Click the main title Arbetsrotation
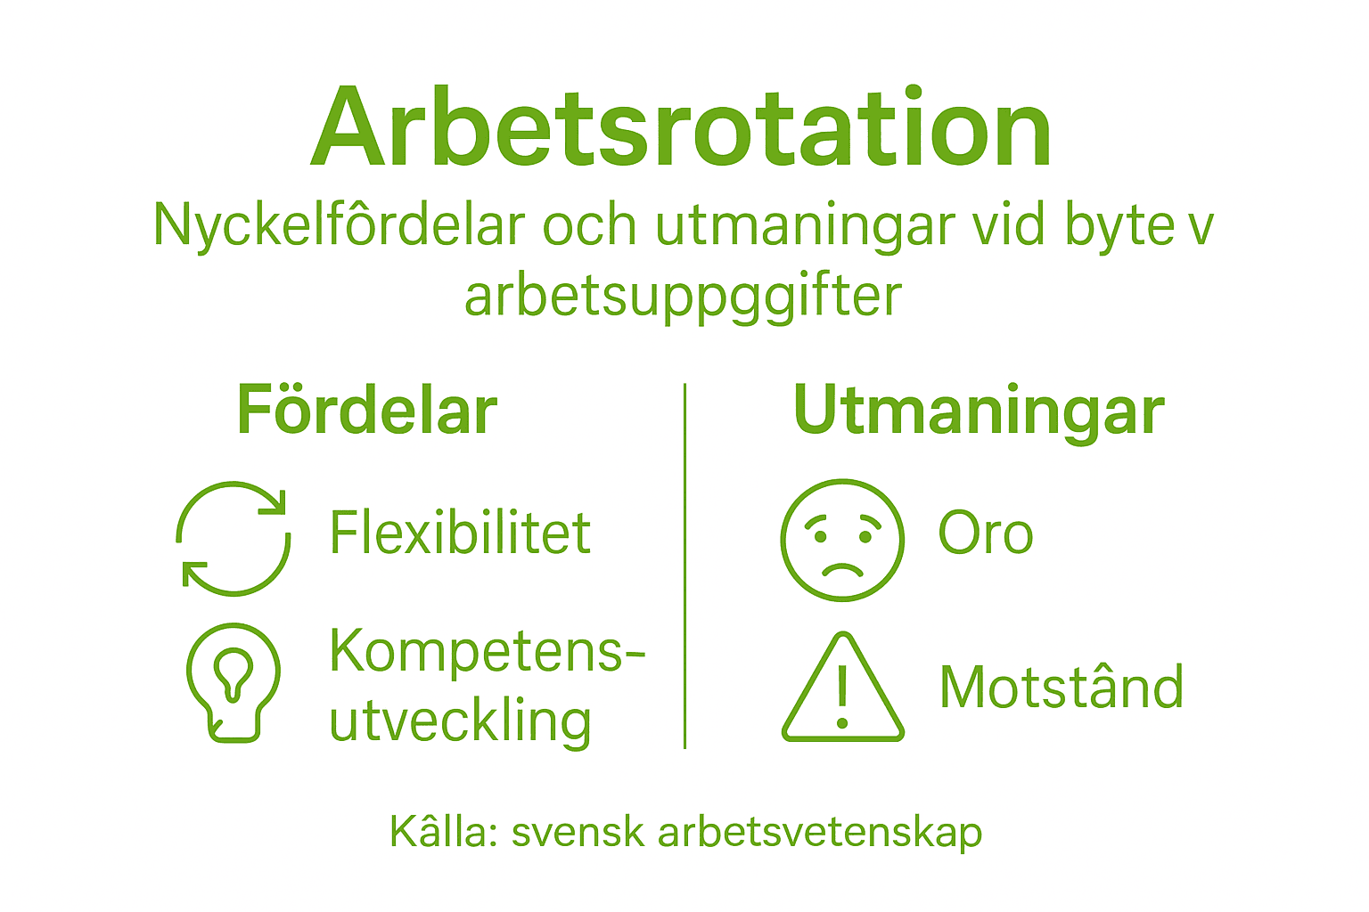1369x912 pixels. pos(683,129)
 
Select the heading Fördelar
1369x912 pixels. pos(366,411)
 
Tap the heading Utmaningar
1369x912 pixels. pos(979,411)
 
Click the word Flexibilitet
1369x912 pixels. pos(460,533)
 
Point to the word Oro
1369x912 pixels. pos(986,533)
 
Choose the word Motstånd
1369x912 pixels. pos(1062,688)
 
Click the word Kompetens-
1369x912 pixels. pos(487,651)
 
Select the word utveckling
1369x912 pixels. pos(460,721)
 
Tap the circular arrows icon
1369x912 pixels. pos(234,538)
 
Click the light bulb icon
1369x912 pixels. pos(234,681)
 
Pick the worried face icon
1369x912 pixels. pos(842,540)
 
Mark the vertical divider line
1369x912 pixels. pos(684,566)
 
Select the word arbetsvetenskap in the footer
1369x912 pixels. pos(820,832)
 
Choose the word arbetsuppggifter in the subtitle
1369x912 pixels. pos(684,297)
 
